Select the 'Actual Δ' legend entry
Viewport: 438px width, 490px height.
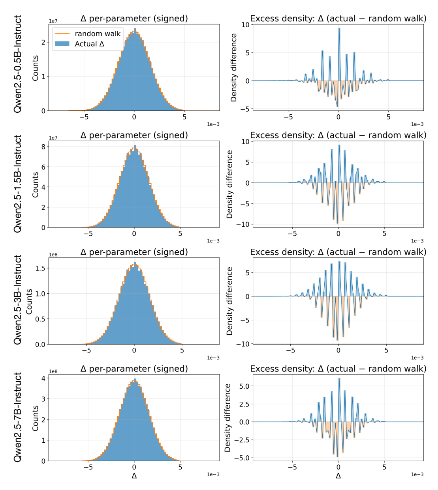tap(89, 44)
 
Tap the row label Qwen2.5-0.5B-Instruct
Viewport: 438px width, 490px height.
tap(18, 64)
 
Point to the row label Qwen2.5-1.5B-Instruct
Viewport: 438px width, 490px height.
tap(18, 184)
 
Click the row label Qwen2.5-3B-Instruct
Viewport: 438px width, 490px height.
tap(18, 300)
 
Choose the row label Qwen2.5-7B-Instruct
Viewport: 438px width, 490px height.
tap(18, 417)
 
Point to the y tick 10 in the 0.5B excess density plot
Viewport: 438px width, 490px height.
tap(246, 25)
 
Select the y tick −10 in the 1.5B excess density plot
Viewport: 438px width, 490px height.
tap(243, 224)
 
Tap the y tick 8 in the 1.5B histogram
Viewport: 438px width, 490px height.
tap(43, 147)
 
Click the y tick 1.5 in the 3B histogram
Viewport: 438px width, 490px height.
tap(41, 268)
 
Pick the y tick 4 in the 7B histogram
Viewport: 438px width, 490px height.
tap(43, 378)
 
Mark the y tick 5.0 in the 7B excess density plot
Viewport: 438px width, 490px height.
tap(244, 386)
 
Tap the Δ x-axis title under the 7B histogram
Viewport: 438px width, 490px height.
tap(134, 476)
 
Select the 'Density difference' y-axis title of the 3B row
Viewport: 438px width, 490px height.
tap(229, 301)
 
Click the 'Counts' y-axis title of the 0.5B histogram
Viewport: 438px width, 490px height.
tap(36, 68)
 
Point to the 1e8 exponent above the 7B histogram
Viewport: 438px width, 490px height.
tap(53, 371)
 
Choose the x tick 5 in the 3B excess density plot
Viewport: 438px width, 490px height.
tap(386, 350)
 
